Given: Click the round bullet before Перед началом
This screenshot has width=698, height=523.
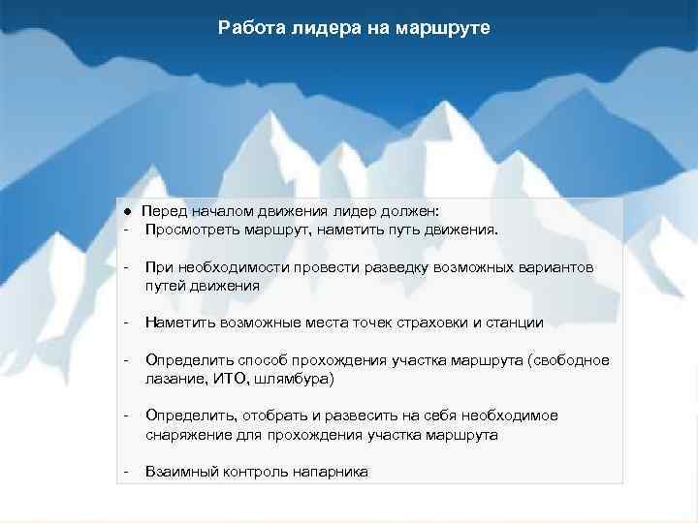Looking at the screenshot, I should coord(126,211).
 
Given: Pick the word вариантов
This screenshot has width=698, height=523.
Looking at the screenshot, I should coord(555,266).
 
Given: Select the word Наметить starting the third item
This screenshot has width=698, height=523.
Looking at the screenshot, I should coord(178,323).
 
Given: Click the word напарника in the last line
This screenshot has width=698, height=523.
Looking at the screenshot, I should coord(330,472).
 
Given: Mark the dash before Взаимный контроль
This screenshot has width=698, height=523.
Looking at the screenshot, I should coord(126,472).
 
